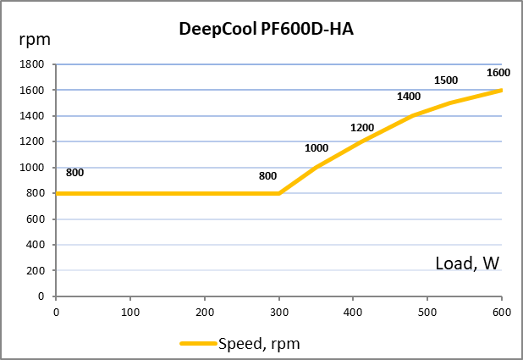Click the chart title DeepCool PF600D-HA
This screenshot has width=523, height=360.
[266, 29]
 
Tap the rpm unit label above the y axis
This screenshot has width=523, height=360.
[35, 41]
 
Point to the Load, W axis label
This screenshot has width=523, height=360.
[467, 263]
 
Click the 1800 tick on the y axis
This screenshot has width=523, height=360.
[31, 64]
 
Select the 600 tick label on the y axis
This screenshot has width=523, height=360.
[35, 219]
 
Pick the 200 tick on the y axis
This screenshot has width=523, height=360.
[35, 271]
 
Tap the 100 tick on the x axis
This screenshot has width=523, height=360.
[130, 313]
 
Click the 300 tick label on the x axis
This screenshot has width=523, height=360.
[278, 313]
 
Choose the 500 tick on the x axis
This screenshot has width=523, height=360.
[427, 313]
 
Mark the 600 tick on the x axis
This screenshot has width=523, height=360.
[502, 313]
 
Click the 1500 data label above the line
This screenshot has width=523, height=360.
[446, 80]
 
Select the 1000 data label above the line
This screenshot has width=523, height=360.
[317, 148]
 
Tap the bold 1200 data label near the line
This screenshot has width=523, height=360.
[362, 128]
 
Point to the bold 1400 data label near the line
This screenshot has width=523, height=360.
[409, 97]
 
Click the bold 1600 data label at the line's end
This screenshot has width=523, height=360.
[498, 73]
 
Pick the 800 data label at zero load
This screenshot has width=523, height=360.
[74, 173]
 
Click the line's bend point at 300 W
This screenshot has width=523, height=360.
[278, 193]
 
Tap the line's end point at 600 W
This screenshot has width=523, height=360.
[501, 90]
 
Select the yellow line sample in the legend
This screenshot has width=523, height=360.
[198, 343]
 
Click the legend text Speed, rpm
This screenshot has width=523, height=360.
[259, 344]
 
